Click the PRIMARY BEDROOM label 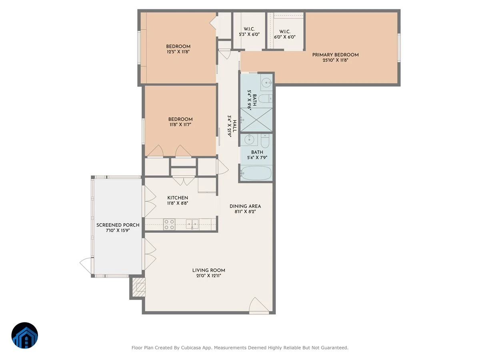tap(335, 55)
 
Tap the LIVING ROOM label tap(209, 270)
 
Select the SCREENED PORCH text tap(118, 225)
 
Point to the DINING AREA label tap(245, 206)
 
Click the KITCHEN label tap(178, 198)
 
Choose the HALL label tap(235, 126)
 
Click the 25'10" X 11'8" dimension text tap(335, 60)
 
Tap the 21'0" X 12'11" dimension tap(209, 276)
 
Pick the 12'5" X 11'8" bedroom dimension tap(178, 52)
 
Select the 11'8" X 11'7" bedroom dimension tap(180, 124)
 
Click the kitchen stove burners tap(169, 224)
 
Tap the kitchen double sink tap(192, 224)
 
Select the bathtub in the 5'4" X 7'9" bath tap(256, 173)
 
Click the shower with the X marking tap(256, 120)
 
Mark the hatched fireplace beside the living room tap(139, 287)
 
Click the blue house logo tap(25, 335)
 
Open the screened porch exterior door tap(87, 266)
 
